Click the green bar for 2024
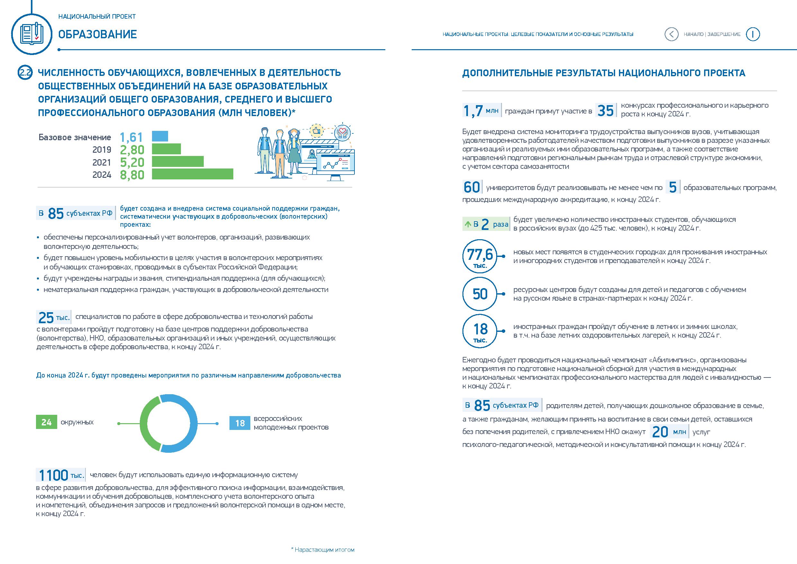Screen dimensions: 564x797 192,174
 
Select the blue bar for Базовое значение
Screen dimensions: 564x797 160,136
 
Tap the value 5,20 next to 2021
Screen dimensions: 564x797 132,162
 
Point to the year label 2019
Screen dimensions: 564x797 102,150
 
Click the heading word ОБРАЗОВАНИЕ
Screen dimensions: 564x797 98,34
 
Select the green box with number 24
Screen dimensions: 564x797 46,422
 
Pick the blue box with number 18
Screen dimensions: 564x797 239,423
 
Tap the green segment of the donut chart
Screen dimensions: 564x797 148,424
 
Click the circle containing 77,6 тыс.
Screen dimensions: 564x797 480,257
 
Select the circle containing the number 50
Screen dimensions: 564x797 480,294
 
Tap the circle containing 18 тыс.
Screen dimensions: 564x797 480,331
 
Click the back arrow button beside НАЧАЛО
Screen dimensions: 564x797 671,34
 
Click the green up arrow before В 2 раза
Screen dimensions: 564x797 468,224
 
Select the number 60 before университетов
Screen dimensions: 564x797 471,187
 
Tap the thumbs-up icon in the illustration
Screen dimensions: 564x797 316,131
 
